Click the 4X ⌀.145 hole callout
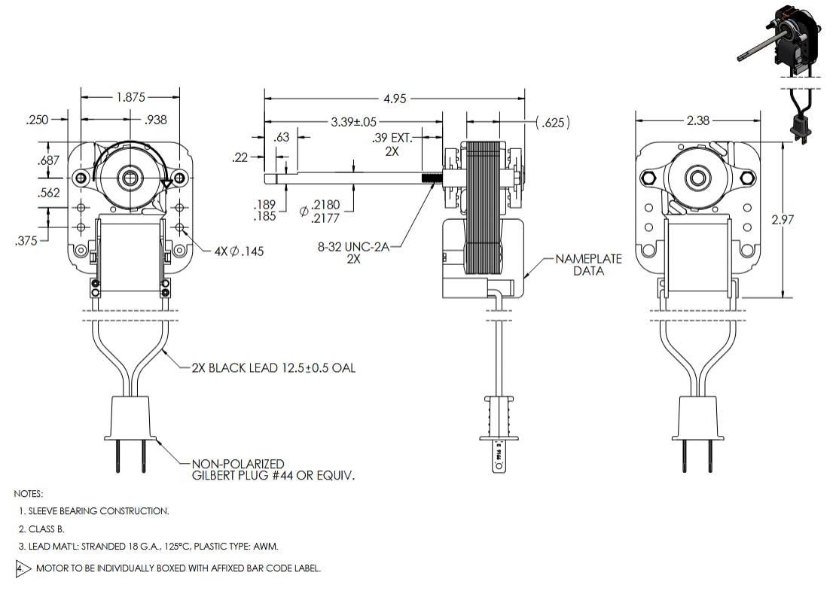click(237, 251)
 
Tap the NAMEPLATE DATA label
click(588, 264)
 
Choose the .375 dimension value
click(29, 241)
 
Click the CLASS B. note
click(45, 529)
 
